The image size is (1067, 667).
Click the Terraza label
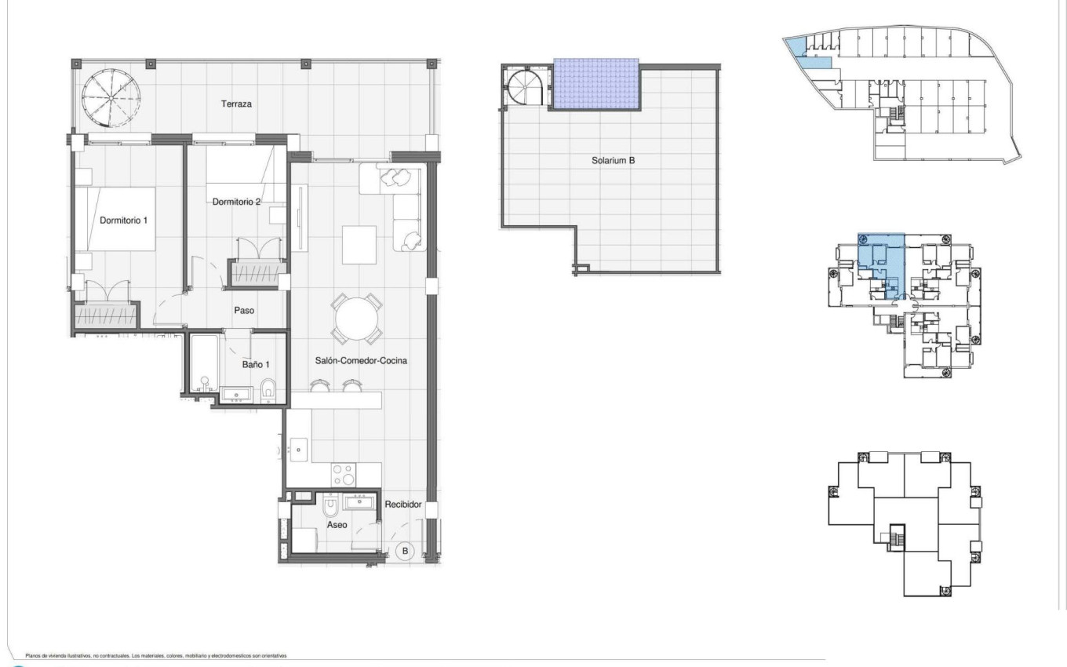tap(236, 104)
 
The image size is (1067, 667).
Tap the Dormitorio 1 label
tap(124, 221)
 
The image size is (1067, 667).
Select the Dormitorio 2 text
tap(236, 202)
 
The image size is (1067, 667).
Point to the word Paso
tap(245, 310)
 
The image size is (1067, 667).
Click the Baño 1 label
tap(257, 364)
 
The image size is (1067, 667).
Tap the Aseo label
tap(337, 524)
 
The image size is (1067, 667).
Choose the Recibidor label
tap(403, 505)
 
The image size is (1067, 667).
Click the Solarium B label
tap(613, 161)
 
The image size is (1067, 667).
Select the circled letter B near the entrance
tap(406, 551)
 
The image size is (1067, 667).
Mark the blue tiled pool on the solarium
tap(596, 84)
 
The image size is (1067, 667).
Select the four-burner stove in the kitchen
tap(344, 474)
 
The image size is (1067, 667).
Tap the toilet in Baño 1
tap(268, 388)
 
